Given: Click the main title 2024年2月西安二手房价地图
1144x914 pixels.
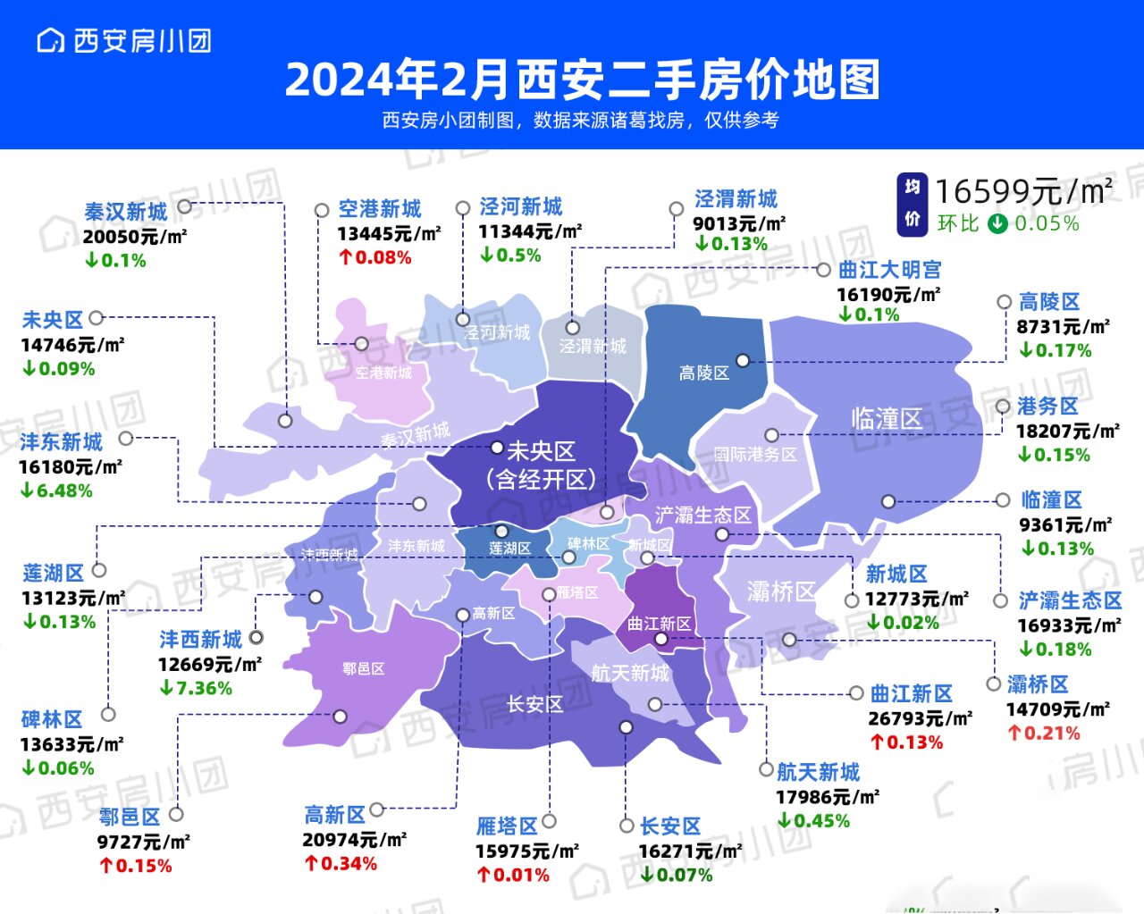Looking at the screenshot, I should click(x=582, y=80).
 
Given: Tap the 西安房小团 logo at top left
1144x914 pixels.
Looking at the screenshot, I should click(x=124, y=41).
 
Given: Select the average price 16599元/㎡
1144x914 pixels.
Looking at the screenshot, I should click(x=1024, y=191).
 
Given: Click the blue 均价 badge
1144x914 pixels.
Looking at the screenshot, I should click(x=912, y=204).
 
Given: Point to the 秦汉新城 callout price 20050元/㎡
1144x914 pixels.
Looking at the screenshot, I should click(x=134, y=237).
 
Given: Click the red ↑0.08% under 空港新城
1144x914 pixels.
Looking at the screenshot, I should click(x=374, y=258).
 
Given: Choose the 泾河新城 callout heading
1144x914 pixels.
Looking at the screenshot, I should click(x=521, y=207).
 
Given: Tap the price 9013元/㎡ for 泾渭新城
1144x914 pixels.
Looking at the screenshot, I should click(x=739, y=223).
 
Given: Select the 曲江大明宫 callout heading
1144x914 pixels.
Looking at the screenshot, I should click(x=889, y=270).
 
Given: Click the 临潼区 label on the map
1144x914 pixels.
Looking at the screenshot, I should click(x=886, y=418).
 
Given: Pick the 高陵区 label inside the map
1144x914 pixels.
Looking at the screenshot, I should click(x=703, y=373).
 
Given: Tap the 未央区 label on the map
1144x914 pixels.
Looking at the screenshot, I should click(x=541, y=451).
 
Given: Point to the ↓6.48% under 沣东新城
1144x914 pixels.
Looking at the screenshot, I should click(x=56, y=491).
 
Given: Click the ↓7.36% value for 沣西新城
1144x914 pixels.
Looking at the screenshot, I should click(x=196, y=688).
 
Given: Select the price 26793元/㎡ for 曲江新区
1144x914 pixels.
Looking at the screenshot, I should click(x=920, y=718).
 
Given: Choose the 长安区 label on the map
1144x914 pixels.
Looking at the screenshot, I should click(x=534, y=704).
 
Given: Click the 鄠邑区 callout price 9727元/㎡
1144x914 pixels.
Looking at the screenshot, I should click(x=143, y=842).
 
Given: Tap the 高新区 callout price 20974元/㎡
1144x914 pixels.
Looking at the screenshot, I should click(x=354, y=840).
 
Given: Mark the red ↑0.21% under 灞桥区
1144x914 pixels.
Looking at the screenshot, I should click(x=1044, y=734).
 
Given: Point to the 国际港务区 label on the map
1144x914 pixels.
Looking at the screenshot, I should click(x=754, y=454).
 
